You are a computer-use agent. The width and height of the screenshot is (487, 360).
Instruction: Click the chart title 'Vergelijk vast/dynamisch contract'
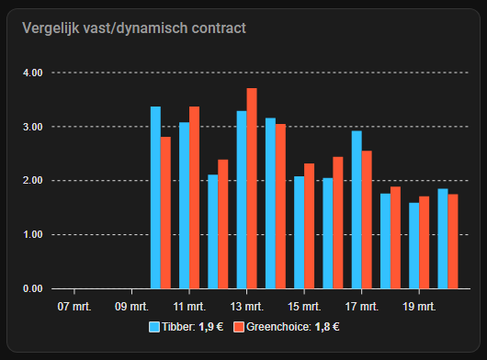[x=134, y=28]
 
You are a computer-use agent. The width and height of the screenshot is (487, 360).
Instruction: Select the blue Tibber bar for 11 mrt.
[x=184, y=205]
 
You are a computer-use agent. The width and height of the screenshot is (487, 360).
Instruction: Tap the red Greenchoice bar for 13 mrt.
[x=252, y=188]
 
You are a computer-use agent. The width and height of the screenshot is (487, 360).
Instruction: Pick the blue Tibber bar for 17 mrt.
[x=357, y=209]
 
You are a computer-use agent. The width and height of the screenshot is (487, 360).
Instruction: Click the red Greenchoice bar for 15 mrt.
[x=310, y=226]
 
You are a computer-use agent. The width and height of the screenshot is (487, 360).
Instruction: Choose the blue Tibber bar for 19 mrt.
[x=414, y=245]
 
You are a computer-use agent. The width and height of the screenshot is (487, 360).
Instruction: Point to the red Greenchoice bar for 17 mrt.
[x=367, y=219]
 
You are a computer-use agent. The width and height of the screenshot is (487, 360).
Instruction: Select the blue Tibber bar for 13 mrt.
[x=242, y=199]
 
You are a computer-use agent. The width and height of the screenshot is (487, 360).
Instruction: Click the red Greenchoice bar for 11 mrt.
[x=195, y=197]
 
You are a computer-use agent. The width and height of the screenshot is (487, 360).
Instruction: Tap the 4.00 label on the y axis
[x=32, y=73]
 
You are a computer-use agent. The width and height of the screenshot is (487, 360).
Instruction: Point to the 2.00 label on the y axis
[x=32, y=180]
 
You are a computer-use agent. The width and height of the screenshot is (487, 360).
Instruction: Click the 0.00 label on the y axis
[x=32, y=288]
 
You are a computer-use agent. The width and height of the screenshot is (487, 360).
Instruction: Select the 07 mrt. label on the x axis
[x=74, y=307]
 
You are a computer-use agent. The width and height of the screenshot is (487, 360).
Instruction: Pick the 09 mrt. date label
[x=131, y=307]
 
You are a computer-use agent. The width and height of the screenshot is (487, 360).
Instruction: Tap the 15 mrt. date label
[x=304, y=307]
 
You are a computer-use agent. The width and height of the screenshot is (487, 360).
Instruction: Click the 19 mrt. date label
[x=419, y=307]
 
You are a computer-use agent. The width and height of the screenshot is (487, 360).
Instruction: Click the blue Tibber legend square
[x=154, y=327]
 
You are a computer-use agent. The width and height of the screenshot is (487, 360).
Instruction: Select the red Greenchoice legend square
[x=239, y=327]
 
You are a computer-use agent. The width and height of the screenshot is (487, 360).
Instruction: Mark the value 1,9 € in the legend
[x=211, y=327]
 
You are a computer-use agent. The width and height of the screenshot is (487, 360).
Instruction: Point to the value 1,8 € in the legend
[x=327, y=327]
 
